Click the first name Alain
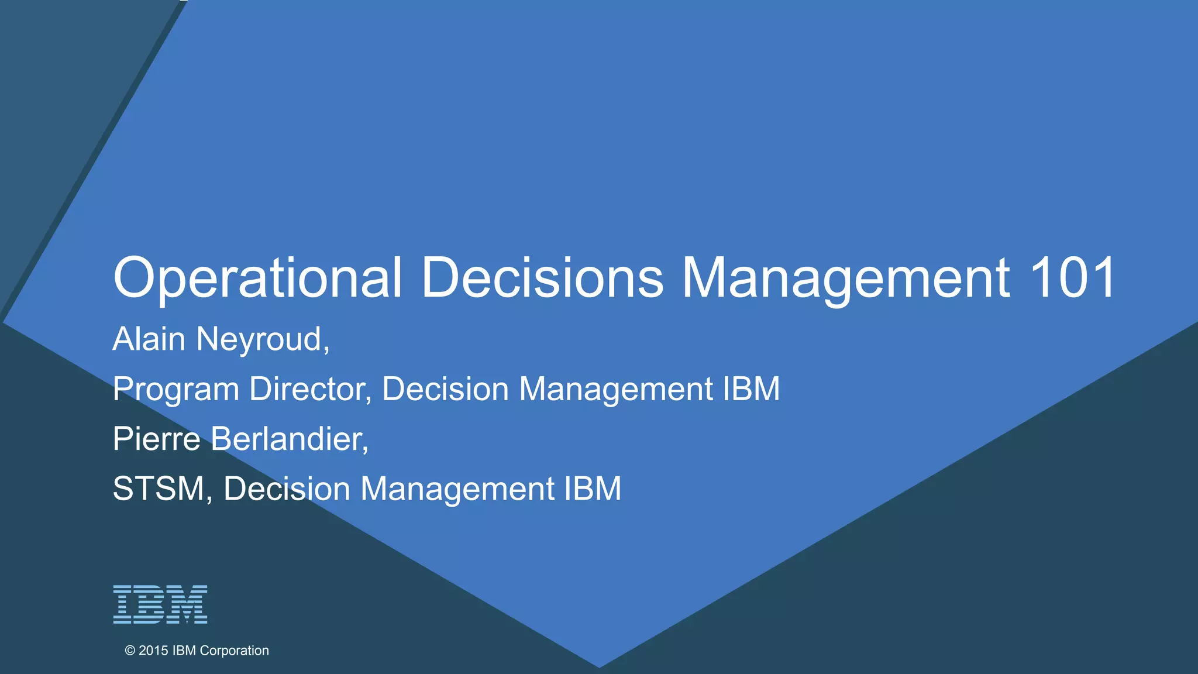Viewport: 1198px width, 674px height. pyautogui.click(x=149, y=339)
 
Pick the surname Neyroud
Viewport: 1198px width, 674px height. pyautogui.click(x=263, y=339)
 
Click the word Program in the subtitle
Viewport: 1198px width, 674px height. pyautogui.click(x=176, y=390)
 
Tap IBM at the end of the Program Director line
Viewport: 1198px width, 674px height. pyautogui.click(x=751, y=389)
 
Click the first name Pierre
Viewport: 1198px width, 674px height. pyautogui.click(x=157, y=439)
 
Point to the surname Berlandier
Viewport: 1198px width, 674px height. pyautogui.click(x=289, y=439)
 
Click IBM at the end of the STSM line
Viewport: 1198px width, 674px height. pyautogui.click(x=593, y=489)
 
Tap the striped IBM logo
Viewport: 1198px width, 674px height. pyautogui.click(x=160, y=604)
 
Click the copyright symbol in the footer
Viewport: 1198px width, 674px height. pyautogui.click(x=130, y=651)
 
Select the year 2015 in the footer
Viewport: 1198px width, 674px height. pyautogui.click(x=153, y=651)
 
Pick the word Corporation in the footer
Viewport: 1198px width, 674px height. pyautogui.click(x=234, y=651)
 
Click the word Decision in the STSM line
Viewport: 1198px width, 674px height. pyautogui.click(x=287, y=489)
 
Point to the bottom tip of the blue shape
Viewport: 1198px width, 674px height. pyautogui.click(x=599, y=666)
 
